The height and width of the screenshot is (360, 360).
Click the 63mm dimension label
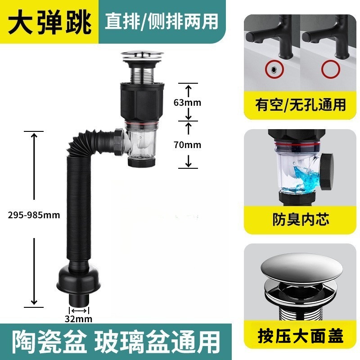[x=188, y=103]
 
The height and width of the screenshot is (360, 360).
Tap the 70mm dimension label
[x=188, y=145]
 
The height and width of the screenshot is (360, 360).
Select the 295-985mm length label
[x=34, y=215]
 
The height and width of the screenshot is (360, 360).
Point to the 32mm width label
[x=78, y=319]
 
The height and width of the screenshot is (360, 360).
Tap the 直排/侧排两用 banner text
[x=161, y=21]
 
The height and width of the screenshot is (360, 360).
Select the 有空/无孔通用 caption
[x=301, y=105]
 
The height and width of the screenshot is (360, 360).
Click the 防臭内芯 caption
[x=301, y=219]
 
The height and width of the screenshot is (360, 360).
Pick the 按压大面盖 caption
[x=301, y=335]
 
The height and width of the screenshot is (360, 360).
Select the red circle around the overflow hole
[x=272, y=69]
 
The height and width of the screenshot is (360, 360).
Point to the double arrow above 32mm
[x=78, y=310]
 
